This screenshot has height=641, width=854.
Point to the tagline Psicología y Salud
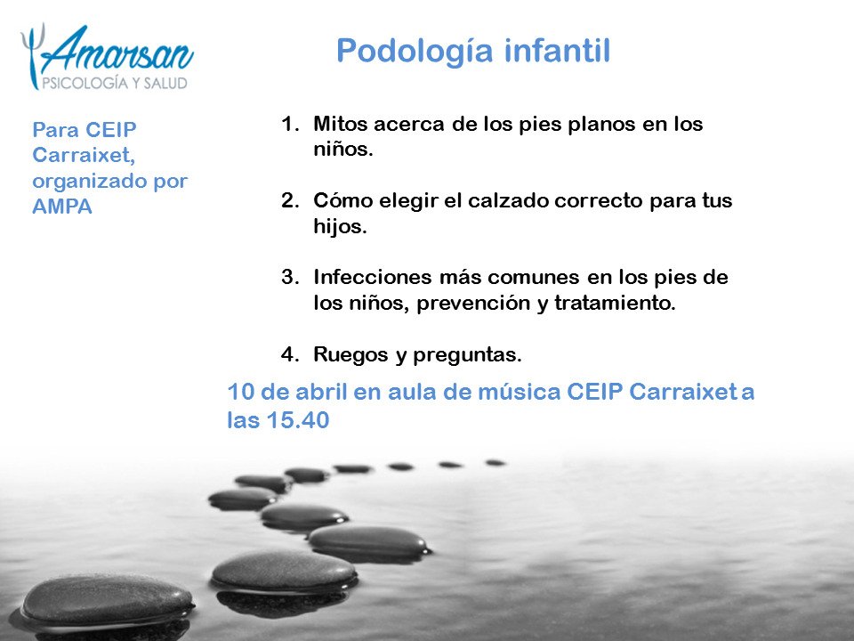(116, 83)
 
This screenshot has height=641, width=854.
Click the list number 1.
(290, 125)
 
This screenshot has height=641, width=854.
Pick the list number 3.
(290, 278)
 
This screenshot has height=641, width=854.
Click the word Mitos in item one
(337, 125)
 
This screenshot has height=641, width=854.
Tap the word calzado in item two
(507, 200)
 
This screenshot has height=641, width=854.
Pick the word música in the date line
(525, 393)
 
